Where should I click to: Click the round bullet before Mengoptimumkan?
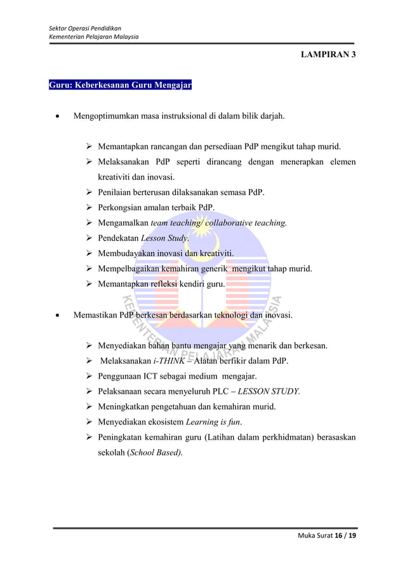58,117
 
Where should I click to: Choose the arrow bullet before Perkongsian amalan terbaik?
90,208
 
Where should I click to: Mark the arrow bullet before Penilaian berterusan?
90,192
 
